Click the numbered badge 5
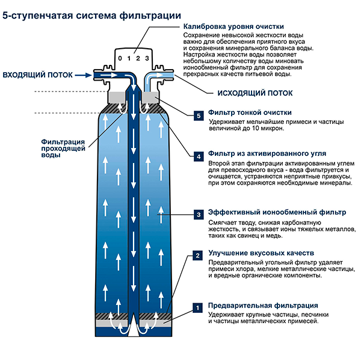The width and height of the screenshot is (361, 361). click(x=198, y=115)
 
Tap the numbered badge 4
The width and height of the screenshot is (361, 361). click(x=198, y=156)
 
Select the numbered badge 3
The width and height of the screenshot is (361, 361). click(x=198, y=214)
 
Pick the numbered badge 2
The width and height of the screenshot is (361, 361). click(x=198, y=256)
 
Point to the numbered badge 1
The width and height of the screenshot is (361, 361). click(x=198, y=307)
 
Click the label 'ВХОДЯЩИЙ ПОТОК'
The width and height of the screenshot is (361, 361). click(x=38, y=75)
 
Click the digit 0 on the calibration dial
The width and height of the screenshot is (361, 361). click(x=121, y=58)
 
